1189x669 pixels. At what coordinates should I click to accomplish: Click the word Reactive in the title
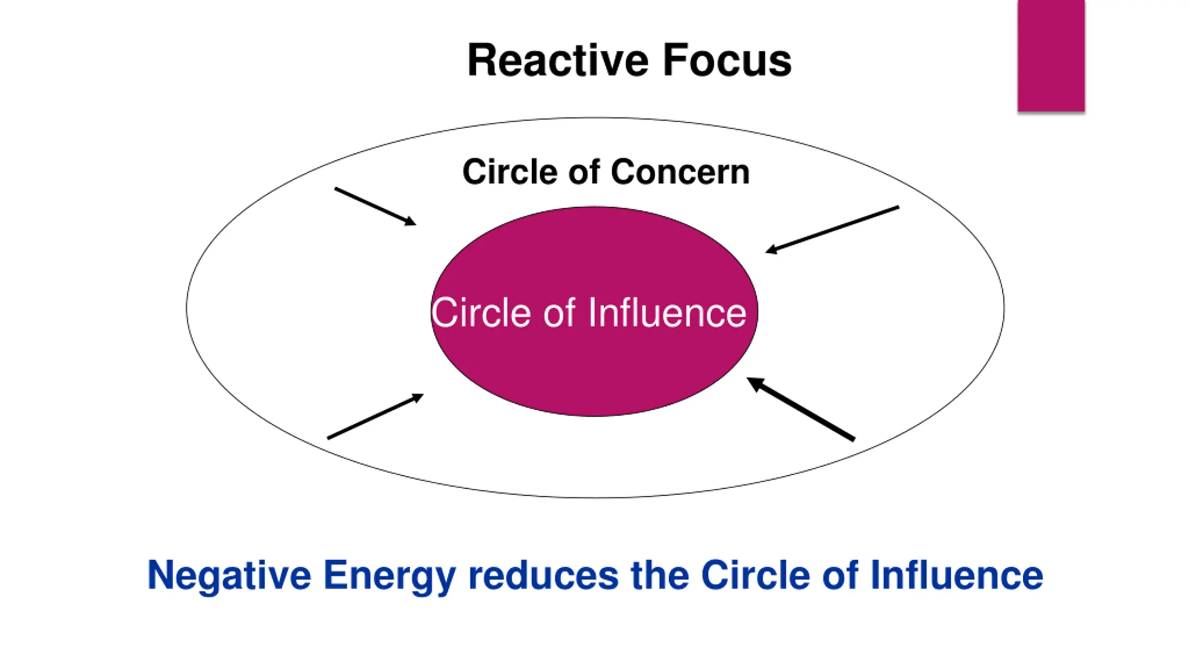point(558,60)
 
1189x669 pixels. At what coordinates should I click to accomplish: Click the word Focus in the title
point(727,60)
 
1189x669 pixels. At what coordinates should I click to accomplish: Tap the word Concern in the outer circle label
point(680,172)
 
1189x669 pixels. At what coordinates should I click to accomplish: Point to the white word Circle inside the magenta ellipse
point(481,313)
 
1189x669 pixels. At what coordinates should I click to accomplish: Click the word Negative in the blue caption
point(229,576)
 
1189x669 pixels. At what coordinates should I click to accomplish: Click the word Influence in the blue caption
point(956,575)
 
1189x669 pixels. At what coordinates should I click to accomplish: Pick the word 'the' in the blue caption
point(660,576)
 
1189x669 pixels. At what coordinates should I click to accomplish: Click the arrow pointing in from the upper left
point(375,207)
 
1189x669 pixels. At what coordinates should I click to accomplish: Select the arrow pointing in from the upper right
point(832,230)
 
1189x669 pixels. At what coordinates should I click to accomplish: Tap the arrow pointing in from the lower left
point(375,416)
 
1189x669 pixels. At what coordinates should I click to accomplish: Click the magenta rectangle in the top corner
point(1051,56)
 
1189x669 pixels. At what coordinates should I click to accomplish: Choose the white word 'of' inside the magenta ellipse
point(560,313)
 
